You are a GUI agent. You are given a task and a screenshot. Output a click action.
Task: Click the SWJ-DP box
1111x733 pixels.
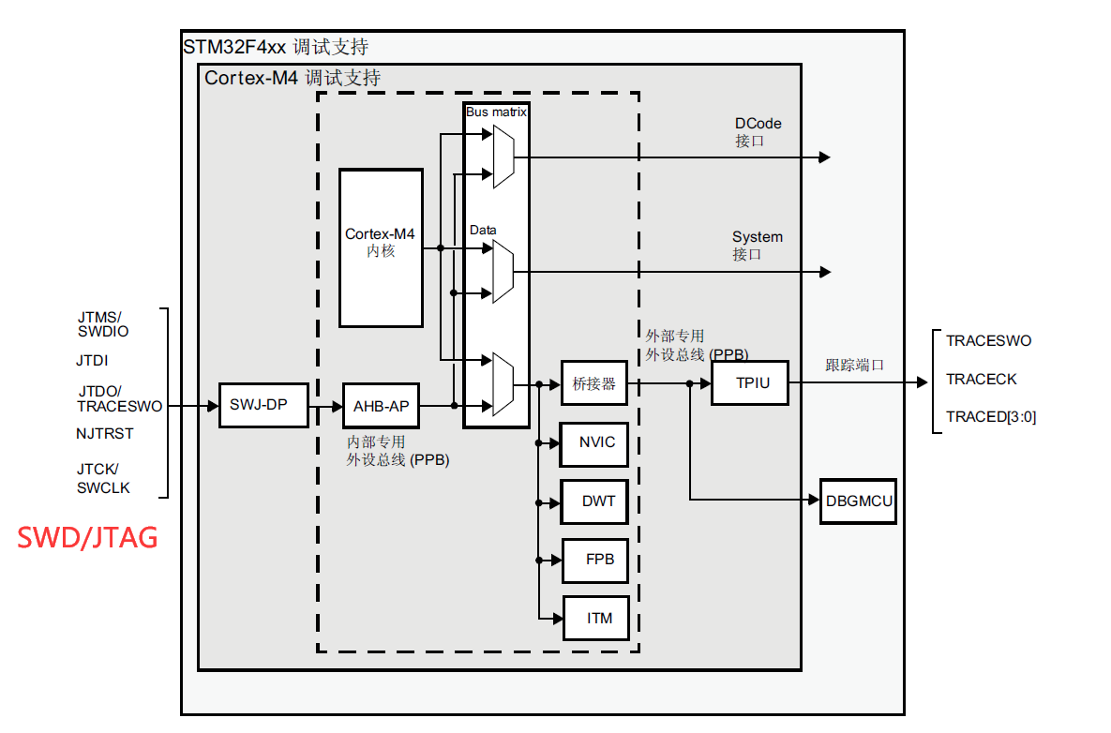coord(263,405)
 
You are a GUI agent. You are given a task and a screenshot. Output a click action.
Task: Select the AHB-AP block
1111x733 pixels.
coord(382,406)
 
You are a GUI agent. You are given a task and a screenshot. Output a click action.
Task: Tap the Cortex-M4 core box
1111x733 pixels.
coord(382,247)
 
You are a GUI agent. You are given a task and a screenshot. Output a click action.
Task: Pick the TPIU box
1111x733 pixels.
coord(750,383)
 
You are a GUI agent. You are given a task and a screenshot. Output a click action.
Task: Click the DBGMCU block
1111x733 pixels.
coord(858,501)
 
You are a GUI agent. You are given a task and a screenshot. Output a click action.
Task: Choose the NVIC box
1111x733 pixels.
coord(593,442)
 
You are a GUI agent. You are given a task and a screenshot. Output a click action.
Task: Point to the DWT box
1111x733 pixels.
coord(594,501)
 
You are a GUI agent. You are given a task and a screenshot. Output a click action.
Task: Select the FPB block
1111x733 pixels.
coord(596,561)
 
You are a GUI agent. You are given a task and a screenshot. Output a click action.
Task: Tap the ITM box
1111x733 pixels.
coord(596,619)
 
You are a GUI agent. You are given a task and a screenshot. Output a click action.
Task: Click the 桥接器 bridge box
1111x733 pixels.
coord(593,383)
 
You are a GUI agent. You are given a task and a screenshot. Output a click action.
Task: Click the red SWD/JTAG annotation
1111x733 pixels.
coord(87,538)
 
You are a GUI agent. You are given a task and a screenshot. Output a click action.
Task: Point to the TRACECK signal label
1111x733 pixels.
coord(982,380)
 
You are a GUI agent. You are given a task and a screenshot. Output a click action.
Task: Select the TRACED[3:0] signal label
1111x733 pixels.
coord(991,417)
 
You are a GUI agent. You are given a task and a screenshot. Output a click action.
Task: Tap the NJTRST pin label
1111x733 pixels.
coord(105,433)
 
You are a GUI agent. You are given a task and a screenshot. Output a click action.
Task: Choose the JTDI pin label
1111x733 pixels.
coord(92,361)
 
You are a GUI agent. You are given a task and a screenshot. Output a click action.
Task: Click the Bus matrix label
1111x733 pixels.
coord(496,112)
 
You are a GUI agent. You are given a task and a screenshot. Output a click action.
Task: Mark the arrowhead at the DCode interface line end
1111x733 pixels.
coord(824,157)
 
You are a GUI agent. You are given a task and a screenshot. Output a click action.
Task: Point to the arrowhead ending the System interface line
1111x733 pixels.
coord(825,272)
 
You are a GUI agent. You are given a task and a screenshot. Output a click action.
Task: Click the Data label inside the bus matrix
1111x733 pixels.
coord(483,231)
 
